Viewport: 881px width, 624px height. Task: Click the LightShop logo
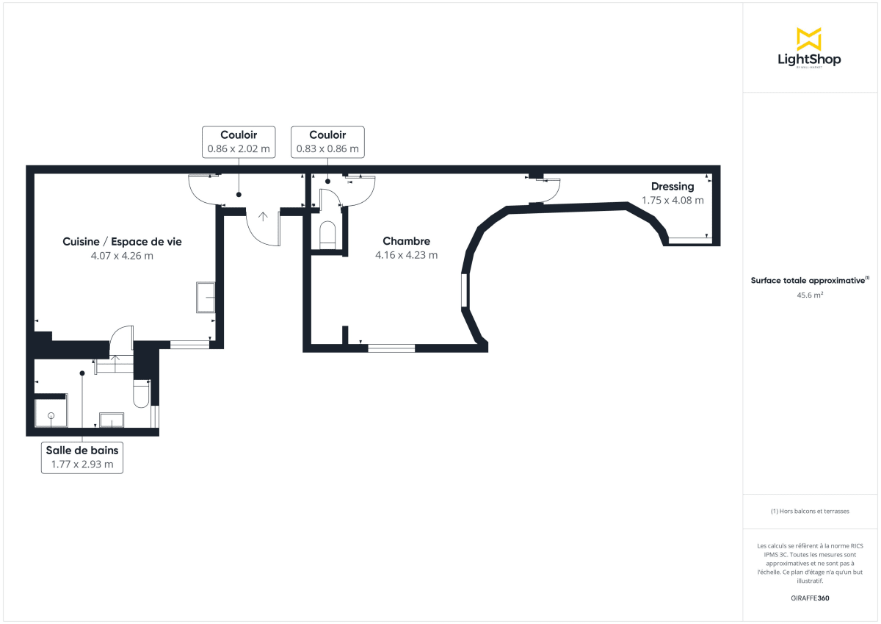click(x=809, y=49)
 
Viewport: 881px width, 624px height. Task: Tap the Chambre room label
click(x=406, y=241)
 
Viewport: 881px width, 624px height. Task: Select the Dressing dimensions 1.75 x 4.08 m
click(x=672, y=200)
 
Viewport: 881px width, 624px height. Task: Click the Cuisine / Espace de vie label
click(x=122, y=241)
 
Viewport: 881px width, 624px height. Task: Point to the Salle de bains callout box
click(x=82, y=457)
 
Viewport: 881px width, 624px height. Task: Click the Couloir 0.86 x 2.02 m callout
click(x=239, y=141)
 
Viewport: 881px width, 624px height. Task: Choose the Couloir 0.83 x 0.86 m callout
click(x=327, y=141)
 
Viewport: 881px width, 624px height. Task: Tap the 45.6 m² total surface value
click(x=809, y=295)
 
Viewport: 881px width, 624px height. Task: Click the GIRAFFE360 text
click(x=810, y=598)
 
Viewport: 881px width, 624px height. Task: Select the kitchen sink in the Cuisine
click(x=206, y=297)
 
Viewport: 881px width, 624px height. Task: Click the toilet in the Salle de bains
click(x=142, y=394)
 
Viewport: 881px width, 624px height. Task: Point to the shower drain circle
click(x=51, y=417)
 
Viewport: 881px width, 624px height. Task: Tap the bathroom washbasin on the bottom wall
click(x=112, y=420)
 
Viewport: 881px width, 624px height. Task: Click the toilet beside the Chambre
click(x=327, y=234)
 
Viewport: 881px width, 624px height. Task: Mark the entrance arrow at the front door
click(x=263, y=216)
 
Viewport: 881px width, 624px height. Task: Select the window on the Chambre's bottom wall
click(x=391, y=348)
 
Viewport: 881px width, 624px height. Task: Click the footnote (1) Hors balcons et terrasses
click(x=810, y=511)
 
